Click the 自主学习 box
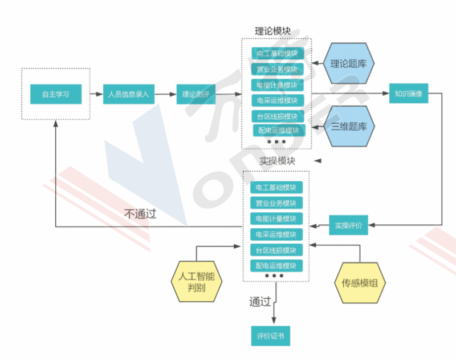point(55,94)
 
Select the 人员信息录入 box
point(128,94)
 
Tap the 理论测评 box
point(195,94)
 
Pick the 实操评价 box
point(348,225)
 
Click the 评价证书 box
point(270,336)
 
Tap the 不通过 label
point(140,215)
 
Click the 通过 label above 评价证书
point(259,301)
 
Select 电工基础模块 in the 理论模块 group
point(278,54)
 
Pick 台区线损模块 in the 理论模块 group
point(278,116)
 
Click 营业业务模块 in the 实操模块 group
point(276,203)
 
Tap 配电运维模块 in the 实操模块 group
point(276,265)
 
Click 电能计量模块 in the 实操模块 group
point(276,219)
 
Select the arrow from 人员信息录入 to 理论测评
point(165,94)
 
